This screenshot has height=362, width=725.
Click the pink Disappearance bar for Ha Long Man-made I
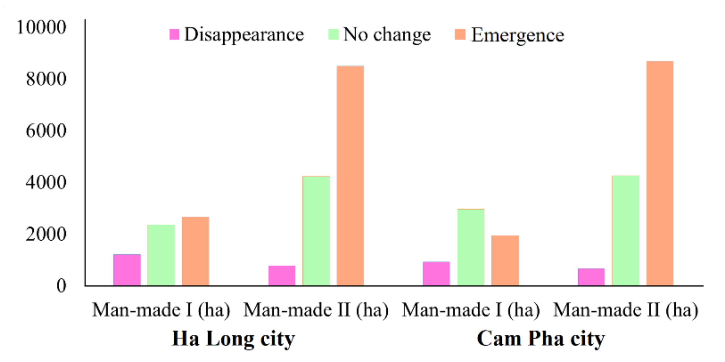127,270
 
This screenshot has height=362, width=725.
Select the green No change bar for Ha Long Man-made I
161,255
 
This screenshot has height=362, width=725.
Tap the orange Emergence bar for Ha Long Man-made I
195,251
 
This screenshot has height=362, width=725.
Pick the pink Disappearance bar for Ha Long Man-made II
282,276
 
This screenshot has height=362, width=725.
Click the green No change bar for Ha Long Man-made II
316,231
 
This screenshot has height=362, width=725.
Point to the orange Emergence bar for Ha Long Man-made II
350,175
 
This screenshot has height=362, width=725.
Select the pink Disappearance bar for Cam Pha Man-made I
437,274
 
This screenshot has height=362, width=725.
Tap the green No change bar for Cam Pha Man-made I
471,247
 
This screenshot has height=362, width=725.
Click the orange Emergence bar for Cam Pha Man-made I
505,260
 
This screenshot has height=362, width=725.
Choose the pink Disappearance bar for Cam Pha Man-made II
591,277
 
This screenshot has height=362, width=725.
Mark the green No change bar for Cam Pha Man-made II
626,231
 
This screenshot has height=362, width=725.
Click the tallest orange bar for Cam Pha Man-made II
660,173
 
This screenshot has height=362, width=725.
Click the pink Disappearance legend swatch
174,34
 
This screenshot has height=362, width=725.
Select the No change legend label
387,34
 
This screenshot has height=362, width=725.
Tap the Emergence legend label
518,35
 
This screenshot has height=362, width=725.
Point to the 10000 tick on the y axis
41,27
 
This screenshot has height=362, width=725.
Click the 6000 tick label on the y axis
46,131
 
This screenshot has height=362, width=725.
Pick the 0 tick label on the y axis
61,286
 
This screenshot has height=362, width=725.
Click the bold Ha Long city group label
233,339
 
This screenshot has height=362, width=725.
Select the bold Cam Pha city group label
541,339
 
